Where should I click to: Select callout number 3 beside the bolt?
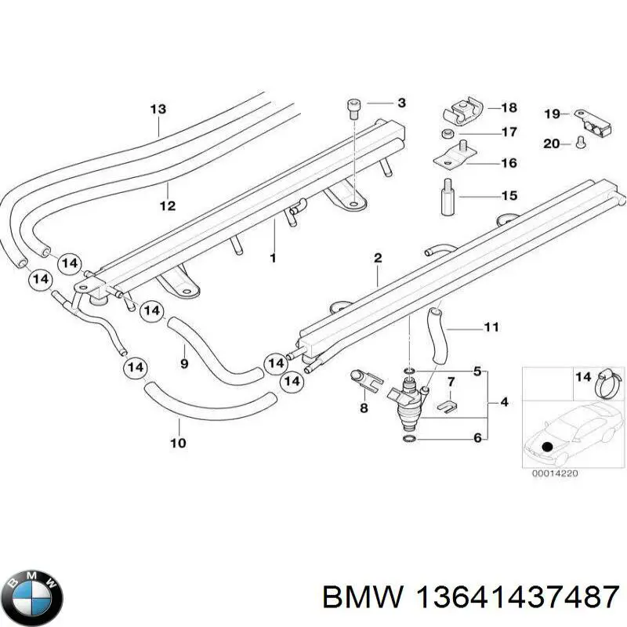click(x=401, y=103)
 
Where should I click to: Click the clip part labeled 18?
click(x=459, y=113)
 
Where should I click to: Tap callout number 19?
click(x=552, y=114)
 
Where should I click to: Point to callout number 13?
click(x=158, y=109)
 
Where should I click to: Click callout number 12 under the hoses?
click(x=167, y=207)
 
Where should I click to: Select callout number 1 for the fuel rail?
click(x=273, y=257)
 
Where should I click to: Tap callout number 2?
click(x=377, y=258)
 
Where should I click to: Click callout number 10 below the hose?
click(x=178, y=444)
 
